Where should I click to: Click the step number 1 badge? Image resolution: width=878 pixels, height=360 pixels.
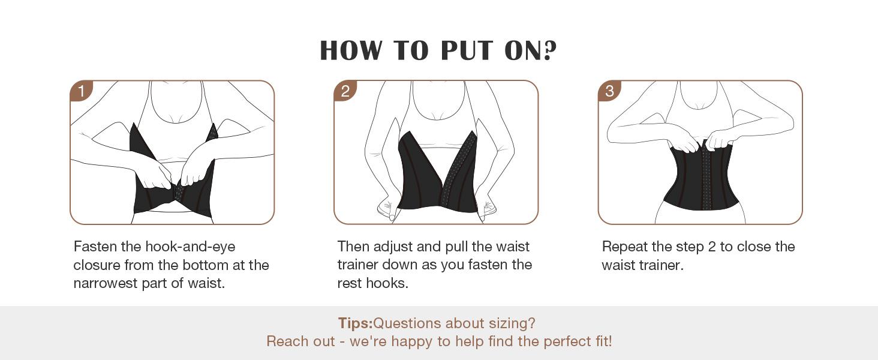81,91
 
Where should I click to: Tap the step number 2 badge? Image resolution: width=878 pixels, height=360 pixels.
345,91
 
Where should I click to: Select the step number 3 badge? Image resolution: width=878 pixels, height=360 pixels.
609,91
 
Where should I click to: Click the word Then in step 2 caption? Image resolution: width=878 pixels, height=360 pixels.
353,247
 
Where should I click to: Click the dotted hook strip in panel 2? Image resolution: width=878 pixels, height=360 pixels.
458,168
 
